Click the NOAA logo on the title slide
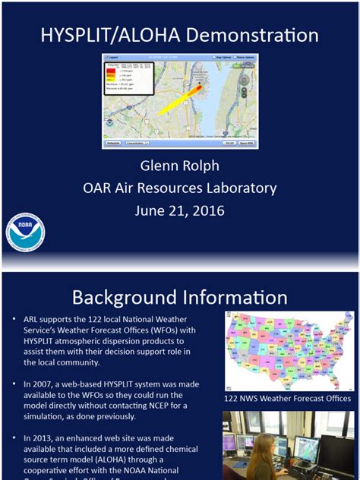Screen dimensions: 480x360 (25, 233)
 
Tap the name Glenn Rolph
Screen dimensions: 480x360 (179, 166)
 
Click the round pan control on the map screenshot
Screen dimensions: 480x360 (244, 79)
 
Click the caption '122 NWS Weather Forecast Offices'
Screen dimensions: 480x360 (287, 398)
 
